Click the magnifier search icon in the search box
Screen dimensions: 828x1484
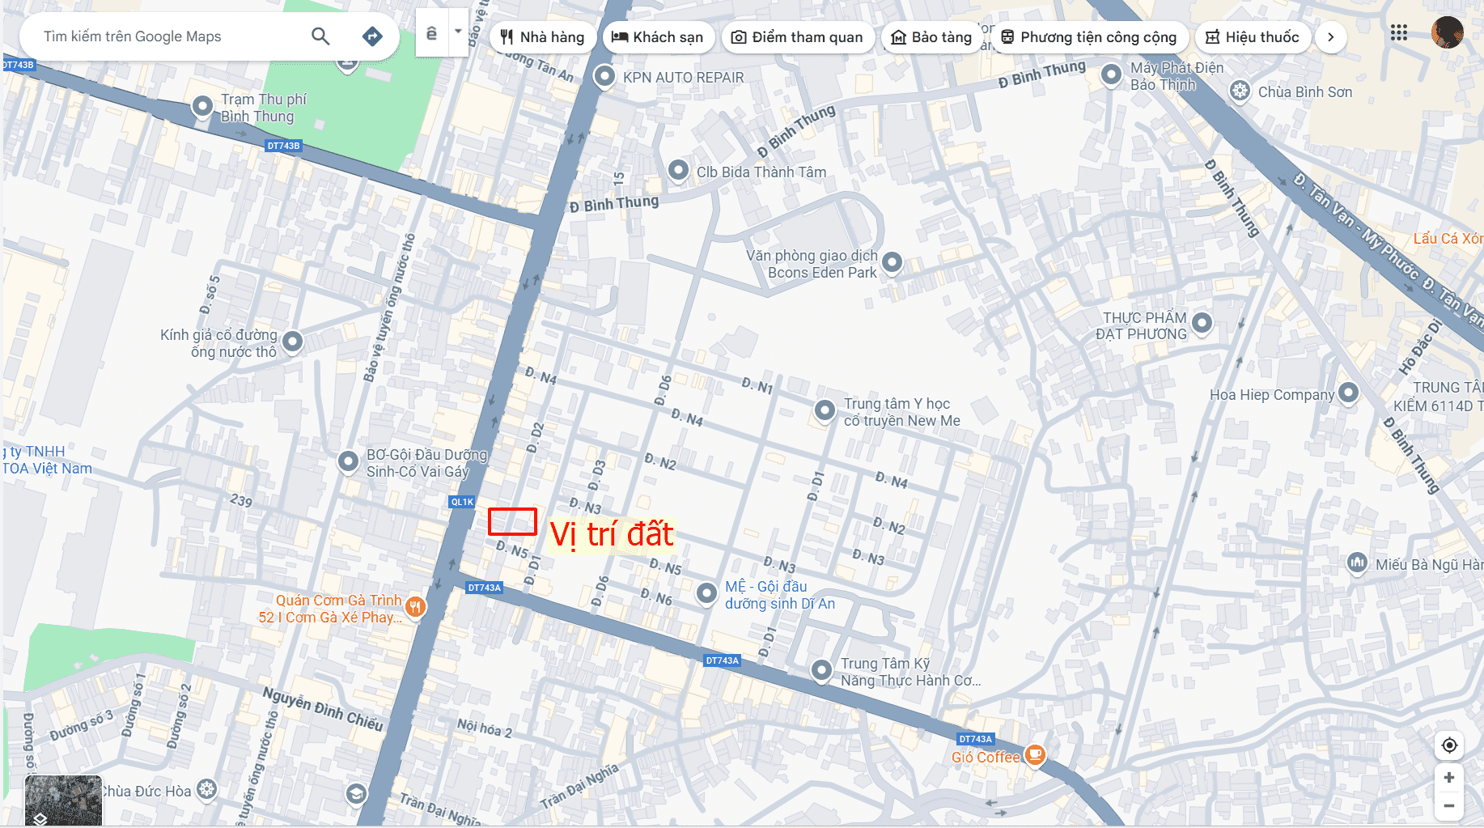pyautogui.click(x=320, y=36)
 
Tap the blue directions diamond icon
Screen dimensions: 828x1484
pyautogui.click(x=372, y=36)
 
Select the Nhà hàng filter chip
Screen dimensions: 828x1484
pyautogui.click(x=542, y=37)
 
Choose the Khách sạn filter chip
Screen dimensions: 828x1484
pyautogui.click(x=657, y=37)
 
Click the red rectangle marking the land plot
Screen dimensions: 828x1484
pyautogui.click(x=512, y=521)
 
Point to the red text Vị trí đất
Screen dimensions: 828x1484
pyautogui.click(x=612, y=534)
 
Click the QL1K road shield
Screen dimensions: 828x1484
pyautogui.click(x=462, y=502)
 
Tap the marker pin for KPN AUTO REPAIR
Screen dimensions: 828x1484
pyautogui.click(x=604, y=77)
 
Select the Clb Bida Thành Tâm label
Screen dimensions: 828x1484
pyautogui.click(x=761, y=172)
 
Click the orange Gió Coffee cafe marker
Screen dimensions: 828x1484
pyautogui.click(x=1035, y=755)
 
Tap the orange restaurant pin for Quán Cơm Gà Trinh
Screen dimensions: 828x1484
pyautogui.click(x=415, y=606)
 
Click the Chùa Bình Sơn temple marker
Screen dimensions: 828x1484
pyautogui.click(x=1240, y=91)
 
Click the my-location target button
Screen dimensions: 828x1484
pyautogui.click(x=1449, y=745)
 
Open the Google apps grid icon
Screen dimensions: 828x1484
pyautogui.click(x=1398, y=33)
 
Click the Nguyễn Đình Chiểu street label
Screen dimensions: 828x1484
pyautogui.click(x=322, y=709)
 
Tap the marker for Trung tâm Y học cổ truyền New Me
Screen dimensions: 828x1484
pyautogui.click(x=825, y=410)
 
